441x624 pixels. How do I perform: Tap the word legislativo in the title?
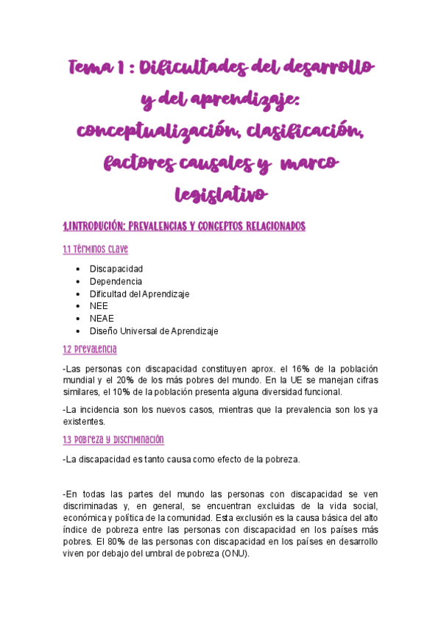[x=220, y=194]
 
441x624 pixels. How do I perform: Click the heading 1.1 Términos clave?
[x=96, y=250]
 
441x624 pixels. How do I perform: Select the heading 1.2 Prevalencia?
[x=90, y=349]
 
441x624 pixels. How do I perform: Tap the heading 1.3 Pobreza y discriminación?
[x=113, y=439]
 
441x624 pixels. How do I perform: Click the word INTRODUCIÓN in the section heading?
[x=102, y=226]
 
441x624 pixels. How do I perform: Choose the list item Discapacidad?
[x=116, y=269]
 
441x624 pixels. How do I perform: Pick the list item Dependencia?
[x=116, y=281]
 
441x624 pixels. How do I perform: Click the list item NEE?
[x=99, y=306]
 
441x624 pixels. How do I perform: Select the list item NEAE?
[x=102, y=319]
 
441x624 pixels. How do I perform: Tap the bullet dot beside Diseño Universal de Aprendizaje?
[x=78, y=331]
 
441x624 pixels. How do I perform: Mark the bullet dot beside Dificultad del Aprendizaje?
[x=78, y=294]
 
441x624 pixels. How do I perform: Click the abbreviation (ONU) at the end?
[x=233, y=554]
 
